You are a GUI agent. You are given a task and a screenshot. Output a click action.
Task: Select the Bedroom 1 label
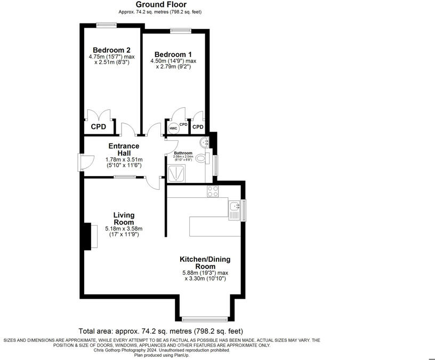coord(173,54)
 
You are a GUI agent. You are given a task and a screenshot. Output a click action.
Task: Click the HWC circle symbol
coord(173,129)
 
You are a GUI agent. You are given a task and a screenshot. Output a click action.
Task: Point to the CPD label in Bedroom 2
coord(99,127)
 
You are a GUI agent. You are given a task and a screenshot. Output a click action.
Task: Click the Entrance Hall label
coord(124,149)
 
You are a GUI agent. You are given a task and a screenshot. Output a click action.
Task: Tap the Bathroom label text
coord(183,153)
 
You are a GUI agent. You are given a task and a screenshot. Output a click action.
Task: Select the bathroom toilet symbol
coord(201,158)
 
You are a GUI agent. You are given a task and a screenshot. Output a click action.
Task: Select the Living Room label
coord(124,219)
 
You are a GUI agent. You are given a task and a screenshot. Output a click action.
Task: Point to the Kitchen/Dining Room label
coord(205,262)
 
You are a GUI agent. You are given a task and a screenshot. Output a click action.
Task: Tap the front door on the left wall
coord(81,162)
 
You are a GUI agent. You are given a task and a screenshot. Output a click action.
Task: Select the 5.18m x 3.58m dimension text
coord(124,229)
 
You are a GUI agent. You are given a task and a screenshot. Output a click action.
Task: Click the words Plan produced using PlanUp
coord(159,355)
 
